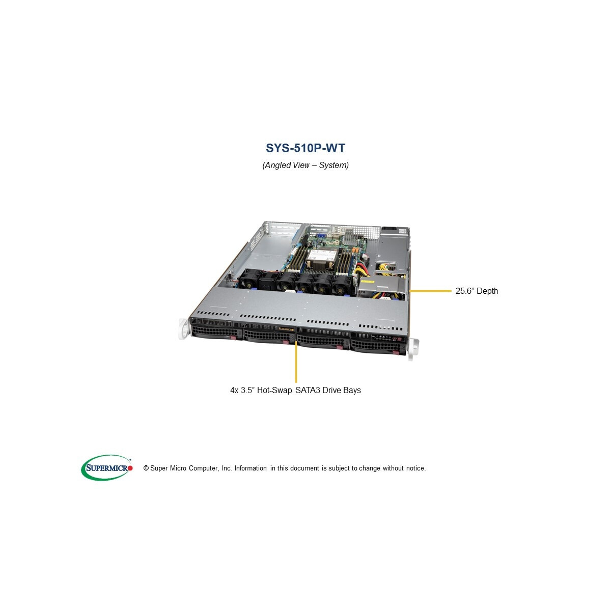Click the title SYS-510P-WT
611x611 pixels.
(305, 148)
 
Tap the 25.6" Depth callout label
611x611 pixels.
(477, 291)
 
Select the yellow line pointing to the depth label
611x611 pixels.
(430, 290)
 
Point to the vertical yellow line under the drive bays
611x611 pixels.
(296, 362)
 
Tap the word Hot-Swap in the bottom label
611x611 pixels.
(274, 390)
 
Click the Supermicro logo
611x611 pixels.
(107, 468)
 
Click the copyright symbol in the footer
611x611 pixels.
(146, 468)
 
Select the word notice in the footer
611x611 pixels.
(415, 468)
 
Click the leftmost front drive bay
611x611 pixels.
(216, 332)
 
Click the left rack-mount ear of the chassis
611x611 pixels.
(184, 329)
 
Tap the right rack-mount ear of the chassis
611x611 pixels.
(412, 349)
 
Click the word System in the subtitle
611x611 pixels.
(334, 165)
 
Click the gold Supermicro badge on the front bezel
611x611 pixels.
(286, 329)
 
